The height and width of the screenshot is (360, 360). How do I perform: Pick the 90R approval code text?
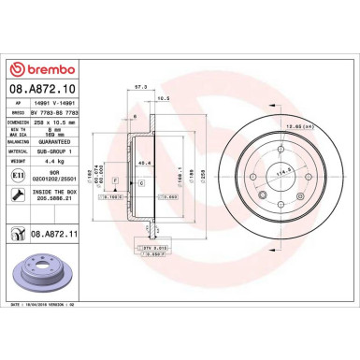point(48,171)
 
